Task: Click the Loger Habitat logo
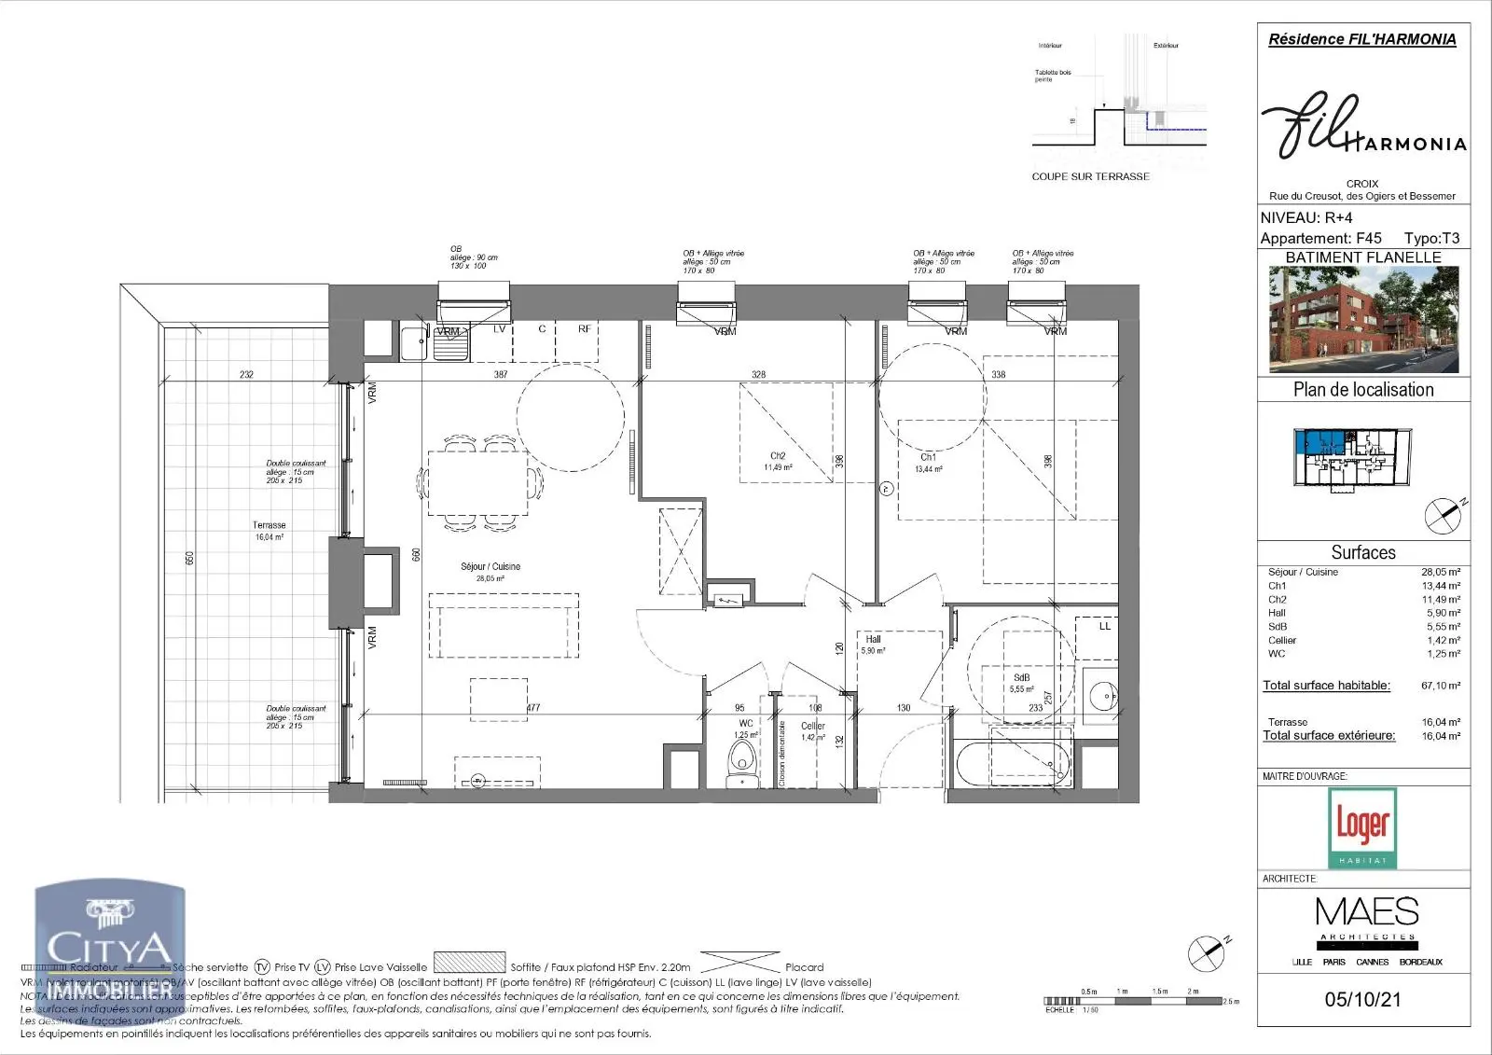1362,827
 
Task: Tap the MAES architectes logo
1367,918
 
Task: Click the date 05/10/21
1362,999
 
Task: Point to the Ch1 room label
928,458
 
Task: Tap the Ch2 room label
778,456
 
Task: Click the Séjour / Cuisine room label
490,566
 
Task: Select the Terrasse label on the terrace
269,525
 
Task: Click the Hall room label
873,639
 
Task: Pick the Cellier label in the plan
812,726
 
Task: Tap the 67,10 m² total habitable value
1441,686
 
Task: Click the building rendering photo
1363,320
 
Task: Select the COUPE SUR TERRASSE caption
1090,176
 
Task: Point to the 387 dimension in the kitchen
501,374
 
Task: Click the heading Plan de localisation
1363,390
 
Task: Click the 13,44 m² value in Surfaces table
1441,586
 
